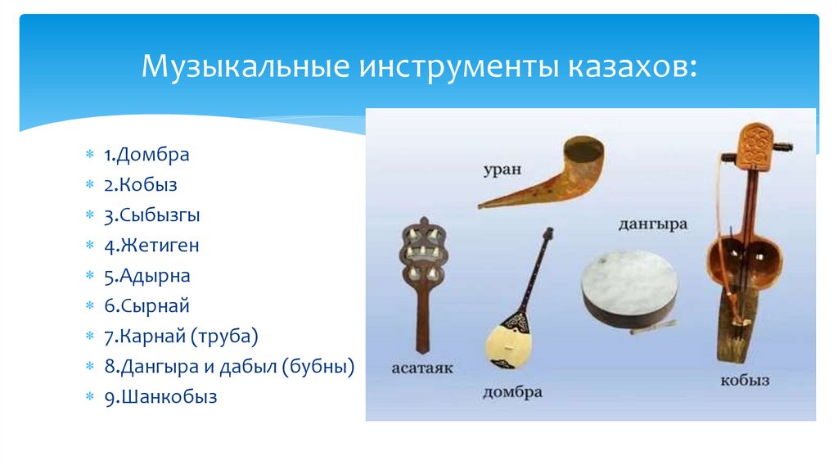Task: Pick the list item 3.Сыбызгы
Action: pyautogui.click(x=151, y=215)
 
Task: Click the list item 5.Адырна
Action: pyautogui.click(x=146, y=276)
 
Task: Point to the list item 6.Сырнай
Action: pyautogui.click(x=146, y=306)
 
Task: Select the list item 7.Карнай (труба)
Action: pyautogui.click(x=180, y=337)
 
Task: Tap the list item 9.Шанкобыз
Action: pyautogui.click(x=160, y=397)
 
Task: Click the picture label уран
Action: pyautogui.click(x=500, y=169)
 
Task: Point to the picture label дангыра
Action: pyautogui.click(x=652, y=224)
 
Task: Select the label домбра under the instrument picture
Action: pyautogui.click(x=512, y=391)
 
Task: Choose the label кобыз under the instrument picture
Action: pyautogui.click(x=744, y=381)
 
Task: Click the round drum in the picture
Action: pyautogui.click(x=628, y=287)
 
